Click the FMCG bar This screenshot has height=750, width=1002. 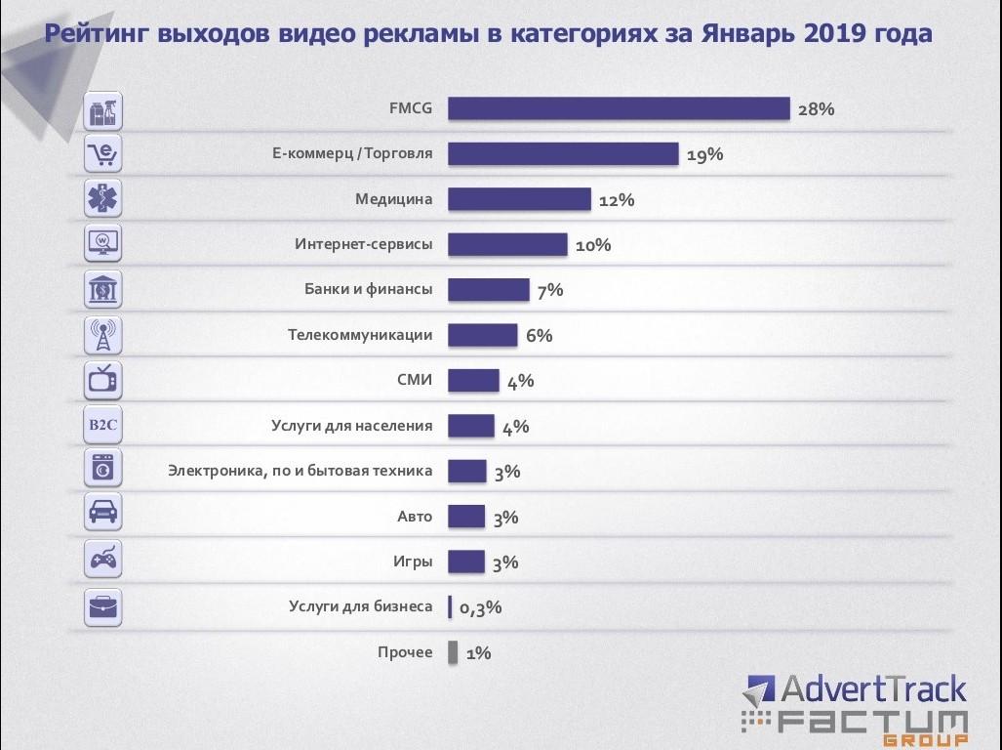pyautogui.click(x=619, y=108)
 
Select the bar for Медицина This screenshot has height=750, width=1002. pyautogui.click(x=519, y=199)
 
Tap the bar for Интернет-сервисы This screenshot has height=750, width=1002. pyautogui.click(x=507, y=244)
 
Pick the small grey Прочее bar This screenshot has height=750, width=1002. pyautogui.click(x=453, y=652)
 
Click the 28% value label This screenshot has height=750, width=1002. pyautogui.click(x=816, y=109)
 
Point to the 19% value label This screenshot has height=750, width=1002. pyautogui.click(x=704, y=154)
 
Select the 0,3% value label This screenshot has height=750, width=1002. pyautogui.click(x=480, y=607)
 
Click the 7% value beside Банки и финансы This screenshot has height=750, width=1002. pyautogui.click(x=549, y=290)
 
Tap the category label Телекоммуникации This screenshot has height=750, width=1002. pyautogui.click(x=360, y=335)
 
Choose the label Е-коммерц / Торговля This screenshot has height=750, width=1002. pyautogui.click(x=352, y=154)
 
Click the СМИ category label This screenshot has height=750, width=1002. pyautogui.click(x=415, y=380)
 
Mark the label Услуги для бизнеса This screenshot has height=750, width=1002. pyautogui.click(x=360, y=606)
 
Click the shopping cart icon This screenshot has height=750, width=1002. pyautogui.click(x=102, y=154)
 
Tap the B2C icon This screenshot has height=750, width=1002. pyautogui.click(x=102, y=426)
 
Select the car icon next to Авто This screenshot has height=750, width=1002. pyautogui.click(x=102, y=515)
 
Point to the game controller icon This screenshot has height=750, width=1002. pyautogui.click(x=102, y=561)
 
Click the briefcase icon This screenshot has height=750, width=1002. pyautogui.click(x=102, y=606)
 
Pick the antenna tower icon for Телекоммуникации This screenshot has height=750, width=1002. pyautogui.click(x=102, y=335)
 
